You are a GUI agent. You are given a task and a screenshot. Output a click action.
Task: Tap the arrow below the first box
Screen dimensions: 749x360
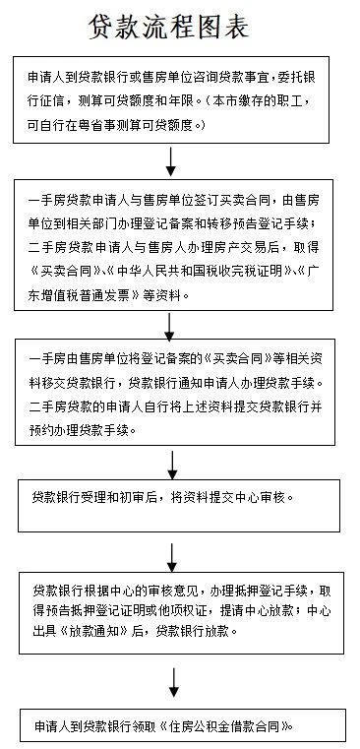[172, 157]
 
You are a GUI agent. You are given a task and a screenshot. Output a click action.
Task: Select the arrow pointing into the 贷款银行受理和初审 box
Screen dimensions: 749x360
[172, 464]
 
